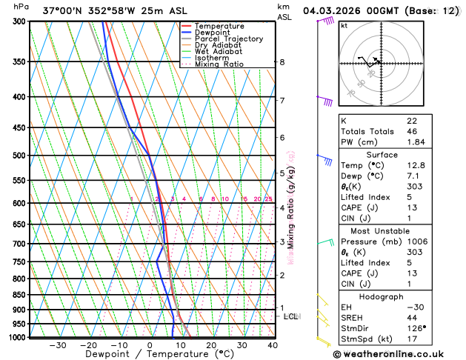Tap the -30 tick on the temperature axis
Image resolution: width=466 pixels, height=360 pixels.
point(58,345)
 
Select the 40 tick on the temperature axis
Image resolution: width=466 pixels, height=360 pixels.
point(273,345)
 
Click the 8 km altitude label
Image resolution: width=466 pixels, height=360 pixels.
point(282,62)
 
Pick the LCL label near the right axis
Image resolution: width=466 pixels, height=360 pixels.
point(291,316)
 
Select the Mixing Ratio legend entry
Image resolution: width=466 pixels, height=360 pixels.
point(219,64)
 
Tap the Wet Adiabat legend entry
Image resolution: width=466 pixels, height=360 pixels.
point(218,52)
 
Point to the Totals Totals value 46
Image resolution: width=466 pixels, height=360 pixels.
point(412,131)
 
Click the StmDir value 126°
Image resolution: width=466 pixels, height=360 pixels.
point(416,328)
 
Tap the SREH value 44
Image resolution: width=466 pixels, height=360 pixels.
point(412,317)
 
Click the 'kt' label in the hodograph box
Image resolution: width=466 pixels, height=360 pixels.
point(344,25)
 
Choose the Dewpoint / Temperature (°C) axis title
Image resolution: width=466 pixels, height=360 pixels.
point(147,355)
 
